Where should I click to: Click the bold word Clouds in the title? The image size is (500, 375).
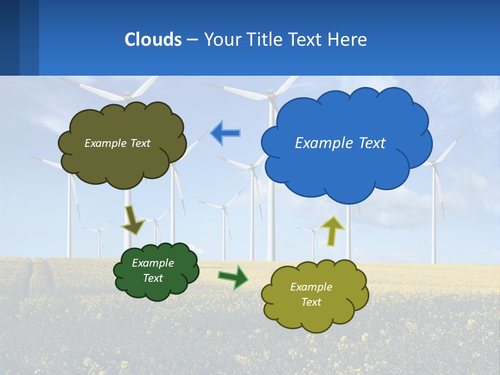click(x=153, y=40)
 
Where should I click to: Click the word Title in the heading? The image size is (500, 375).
click(x=265, y=40)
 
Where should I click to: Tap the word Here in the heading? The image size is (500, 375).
click(x=348, y=40)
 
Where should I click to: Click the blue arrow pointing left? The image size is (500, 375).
click(x=225, y=133)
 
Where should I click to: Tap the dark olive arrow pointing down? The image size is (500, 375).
click(x=133, y=219)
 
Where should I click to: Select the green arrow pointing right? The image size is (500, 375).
click(x=233, y=277)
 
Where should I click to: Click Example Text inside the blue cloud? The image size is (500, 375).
click(x=340, y=143)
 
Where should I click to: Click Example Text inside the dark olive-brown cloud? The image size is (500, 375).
click(x=117, y=143)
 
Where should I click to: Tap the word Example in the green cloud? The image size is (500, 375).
click(x=153, y=263)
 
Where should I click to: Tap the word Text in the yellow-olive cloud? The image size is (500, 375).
click(x=311, y=302)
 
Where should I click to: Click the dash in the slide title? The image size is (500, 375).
click(x=192, y=40)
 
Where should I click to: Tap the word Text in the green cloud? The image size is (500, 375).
click(x=153, y=278)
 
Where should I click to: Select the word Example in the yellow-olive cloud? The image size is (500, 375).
click(x=311, y=287)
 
